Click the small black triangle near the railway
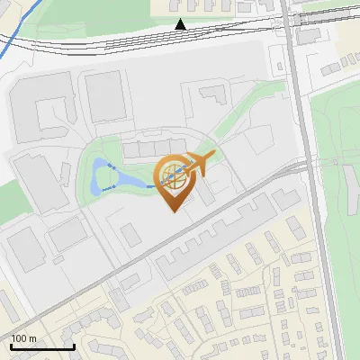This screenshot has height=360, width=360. (181, 24)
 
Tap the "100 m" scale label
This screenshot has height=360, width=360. (23, 338)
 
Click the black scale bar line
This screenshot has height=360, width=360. (42, 346)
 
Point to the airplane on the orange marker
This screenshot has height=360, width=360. (198, 165)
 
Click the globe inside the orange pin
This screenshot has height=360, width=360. (173, 175)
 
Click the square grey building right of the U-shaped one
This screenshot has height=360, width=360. (104, 96)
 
